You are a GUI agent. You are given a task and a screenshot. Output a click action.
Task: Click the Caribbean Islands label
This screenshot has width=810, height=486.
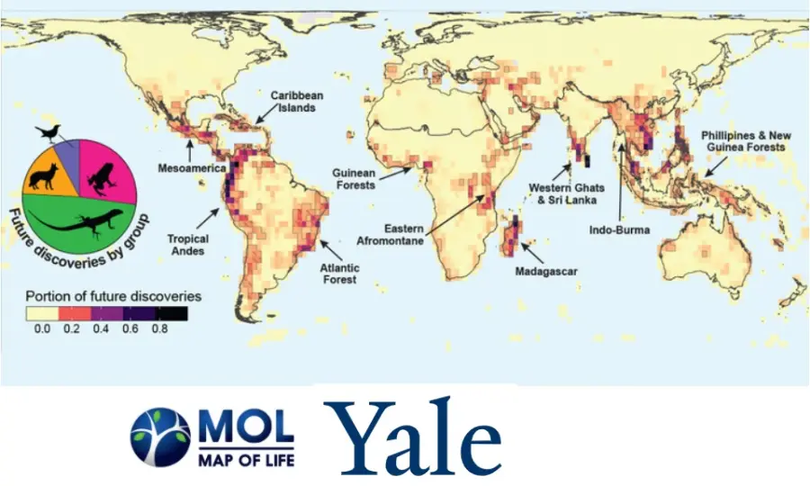click(x=297, y=101)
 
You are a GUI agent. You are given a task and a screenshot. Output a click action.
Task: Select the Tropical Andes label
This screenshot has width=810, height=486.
click(x=188, y=245)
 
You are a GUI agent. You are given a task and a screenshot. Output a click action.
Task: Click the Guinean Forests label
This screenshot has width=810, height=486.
click(x=353, y=178)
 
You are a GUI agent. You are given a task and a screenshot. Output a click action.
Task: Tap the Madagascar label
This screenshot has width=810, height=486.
click(x=545, y=271)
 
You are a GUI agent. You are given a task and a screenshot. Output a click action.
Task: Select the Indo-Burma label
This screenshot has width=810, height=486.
click(x=619, y=229)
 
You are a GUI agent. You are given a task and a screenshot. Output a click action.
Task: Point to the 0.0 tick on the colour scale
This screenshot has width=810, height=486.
click(x=41, y=329)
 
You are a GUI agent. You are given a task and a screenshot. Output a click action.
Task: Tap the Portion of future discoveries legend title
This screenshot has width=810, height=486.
click(x=112, y=295)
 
